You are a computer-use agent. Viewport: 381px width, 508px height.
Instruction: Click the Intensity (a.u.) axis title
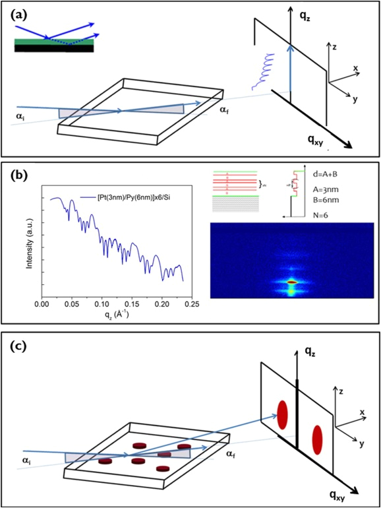(27, 240)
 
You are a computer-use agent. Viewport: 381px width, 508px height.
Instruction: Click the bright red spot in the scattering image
(292, 282)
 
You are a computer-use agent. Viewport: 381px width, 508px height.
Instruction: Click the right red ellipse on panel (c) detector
(318, 439)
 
